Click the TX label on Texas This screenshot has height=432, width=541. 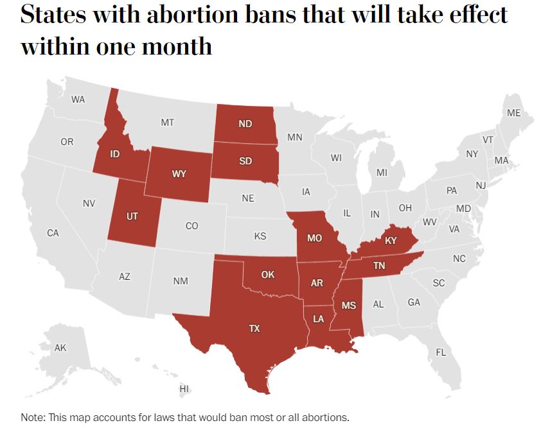point(254,328)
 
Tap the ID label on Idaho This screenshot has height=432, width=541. point(115,154)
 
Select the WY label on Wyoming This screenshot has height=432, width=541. point(179,174)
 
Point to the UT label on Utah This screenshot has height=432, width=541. point(132,216)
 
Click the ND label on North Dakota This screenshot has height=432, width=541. point(245,124)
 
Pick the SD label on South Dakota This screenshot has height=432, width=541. point(245,161)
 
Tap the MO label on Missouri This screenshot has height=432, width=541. point(314,238)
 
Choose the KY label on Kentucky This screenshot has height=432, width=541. point(391,241)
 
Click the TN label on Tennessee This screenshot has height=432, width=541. point(379,266)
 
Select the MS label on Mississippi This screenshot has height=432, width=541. point(348,306)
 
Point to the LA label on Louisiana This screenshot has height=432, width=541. point(319,319)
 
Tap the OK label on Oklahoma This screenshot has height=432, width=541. point(268,275)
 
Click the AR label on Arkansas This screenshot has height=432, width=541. point(316,283)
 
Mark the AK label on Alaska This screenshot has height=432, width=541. point(60,348)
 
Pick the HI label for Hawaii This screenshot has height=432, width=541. point(184,388)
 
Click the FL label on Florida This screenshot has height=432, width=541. point(441,352)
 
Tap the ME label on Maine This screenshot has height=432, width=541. point(513,113)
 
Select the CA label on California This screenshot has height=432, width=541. point(53,233)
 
